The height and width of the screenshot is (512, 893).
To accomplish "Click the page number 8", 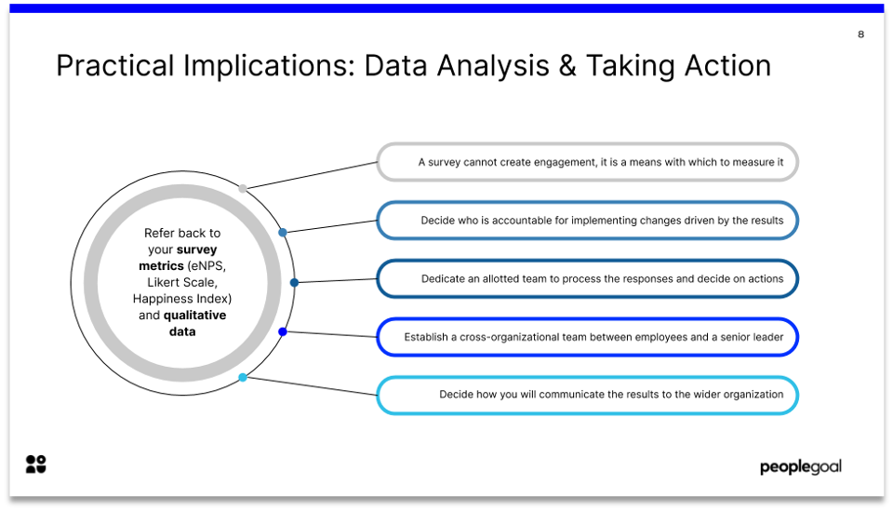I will tap(860, 34).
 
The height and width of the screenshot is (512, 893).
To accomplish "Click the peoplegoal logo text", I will tap(800, 466).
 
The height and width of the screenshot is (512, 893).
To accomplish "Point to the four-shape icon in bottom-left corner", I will tap(35, 465).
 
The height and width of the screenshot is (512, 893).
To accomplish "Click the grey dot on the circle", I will tap(243, 189).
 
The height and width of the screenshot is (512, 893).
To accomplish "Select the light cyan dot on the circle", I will tap(243, 377).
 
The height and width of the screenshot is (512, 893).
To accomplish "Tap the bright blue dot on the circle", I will tap(282, 331).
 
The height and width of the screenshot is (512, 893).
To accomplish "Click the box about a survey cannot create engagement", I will tap(587, 162).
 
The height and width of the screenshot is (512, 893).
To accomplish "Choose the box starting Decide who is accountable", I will tap(587, 221).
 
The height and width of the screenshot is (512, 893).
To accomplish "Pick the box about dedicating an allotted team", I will tap(587, 278).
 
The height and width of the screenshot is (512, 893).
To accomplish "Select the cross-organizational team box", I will tap(587, 337).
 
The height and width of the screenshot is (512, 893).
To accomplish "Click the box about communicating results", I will tap(587, 395).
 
